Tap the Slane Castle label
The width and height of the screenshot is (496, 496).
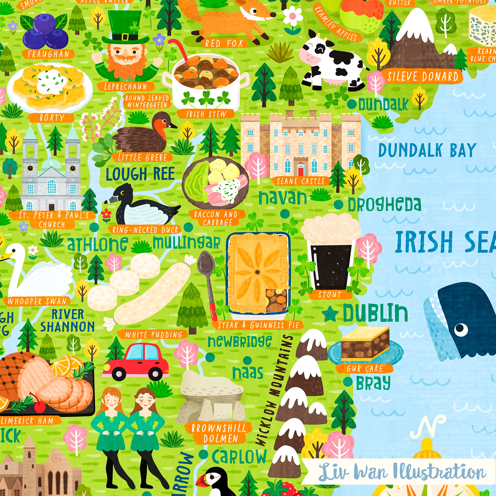(300, 181)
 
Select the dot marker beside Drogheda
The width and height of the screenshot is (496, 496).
(338, 205)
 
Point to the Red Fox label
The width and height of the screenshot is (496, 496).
(224, 44)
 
